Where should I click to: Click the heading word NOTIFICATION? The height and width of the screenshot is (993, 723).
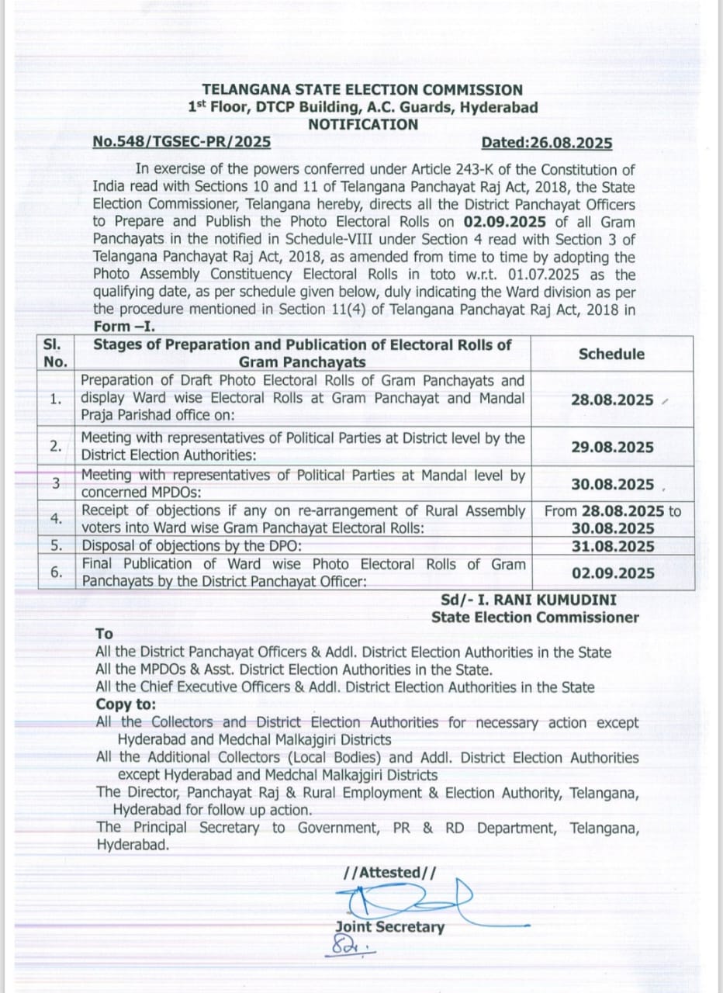[362, 125]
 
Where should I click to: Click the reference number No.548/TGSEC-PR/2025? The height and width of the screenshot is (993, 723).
[182, 143]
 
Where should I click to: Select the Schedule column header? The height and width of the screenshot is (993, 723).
[611, 354]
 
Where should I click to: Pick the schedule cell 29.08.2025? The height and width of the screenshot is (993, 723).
[612, 448]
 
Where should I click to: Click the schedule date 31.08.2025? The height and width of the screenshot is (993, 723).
[612, 546]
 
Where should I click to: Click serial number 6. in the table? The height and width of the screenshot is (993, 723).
[56, 573]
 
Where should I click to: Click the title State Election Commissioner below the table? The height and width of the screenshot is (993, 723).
[535, 618]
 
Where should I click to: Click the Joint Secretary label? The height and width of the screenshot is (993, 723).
[389, 927]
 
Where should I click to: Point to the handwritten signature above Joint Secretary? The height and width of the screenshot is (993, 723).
[403, 900]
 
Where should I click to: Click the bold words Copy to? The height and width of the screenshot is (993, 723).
[126, 704]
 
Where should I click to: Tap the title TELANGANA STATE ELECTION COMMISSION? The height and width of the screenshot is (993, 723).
[362, 91]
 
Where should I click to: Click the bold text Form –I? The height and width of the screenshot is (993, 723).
[124, 327]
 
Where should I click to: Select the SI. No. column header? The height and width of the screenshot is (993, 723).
[56, 353]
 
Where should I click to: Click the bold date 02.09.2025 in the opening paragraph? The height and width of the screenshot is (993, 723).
[507, 222]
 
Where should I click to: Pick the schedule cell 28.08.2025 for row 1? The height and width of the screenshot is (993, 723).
[612, 400]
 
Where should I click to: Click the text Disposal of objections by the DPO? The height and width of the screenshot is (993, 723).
[192, 546]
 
